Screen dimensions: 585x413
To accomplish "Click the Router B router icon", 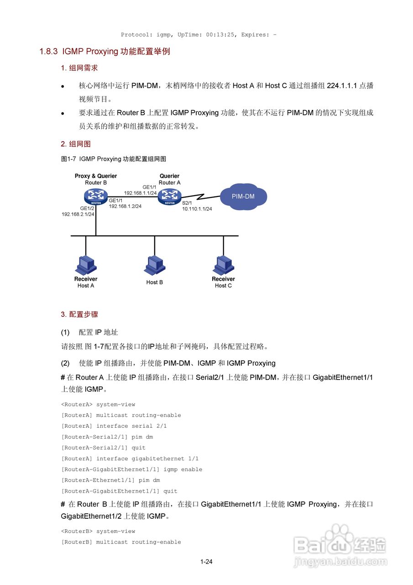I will (95, 197).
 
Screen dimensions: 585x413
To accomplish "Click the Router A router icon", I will (169, 197).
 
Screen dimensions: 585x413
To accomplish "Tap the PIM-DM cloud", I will (243, 197).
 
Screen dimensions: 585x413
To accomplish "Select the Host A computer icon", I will (86, 265).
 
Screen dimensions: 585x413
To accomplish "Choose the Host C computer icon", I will (223, 265).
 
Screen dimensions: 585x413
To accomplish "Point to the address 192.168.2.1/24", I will (78, 214).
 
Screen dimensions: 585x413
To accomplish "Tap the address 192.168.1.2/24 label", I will (125, 206).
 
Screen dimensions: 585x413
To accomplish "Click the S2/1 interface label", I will (187, 202).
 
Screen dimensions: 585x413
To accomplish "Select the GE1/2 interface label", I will (87, 208).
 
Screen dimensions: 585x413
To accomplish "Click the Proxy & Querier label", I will (96, 176).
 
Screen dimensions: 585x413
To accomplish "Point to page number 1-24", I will (206, 562).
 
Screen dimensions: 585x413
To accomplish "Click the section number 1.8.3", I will (48, 52).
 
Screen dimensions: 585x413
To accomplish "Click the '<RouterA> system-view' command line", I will (98, 404).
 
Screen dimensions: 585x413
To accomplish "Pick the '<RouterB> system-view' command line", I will (98, 532).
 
